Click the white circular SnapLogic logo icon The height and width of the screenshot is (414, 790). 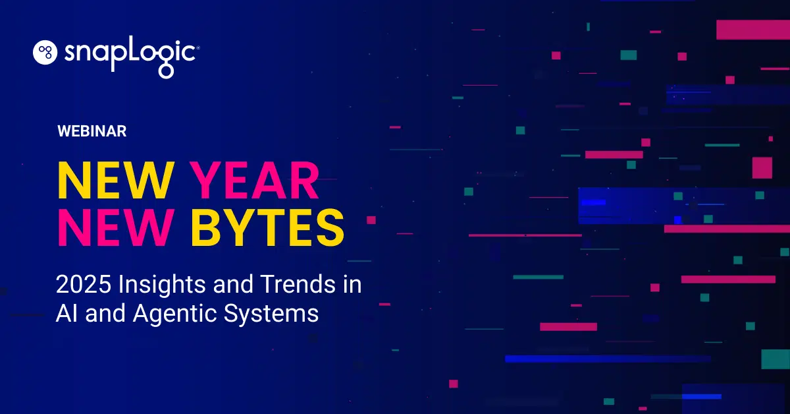coord(47,53)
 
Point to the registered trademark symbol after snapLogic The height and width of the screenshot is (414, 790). coord(198,47)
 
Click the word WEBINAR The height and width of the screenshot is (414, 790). coord(92,131)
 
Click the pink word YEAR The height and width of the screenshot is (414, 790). coord(254,180)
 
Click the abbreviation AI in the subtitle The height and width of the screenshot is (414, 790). coord(65,313)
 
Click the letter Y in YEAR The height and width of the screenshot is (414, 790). coord(205,180)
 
